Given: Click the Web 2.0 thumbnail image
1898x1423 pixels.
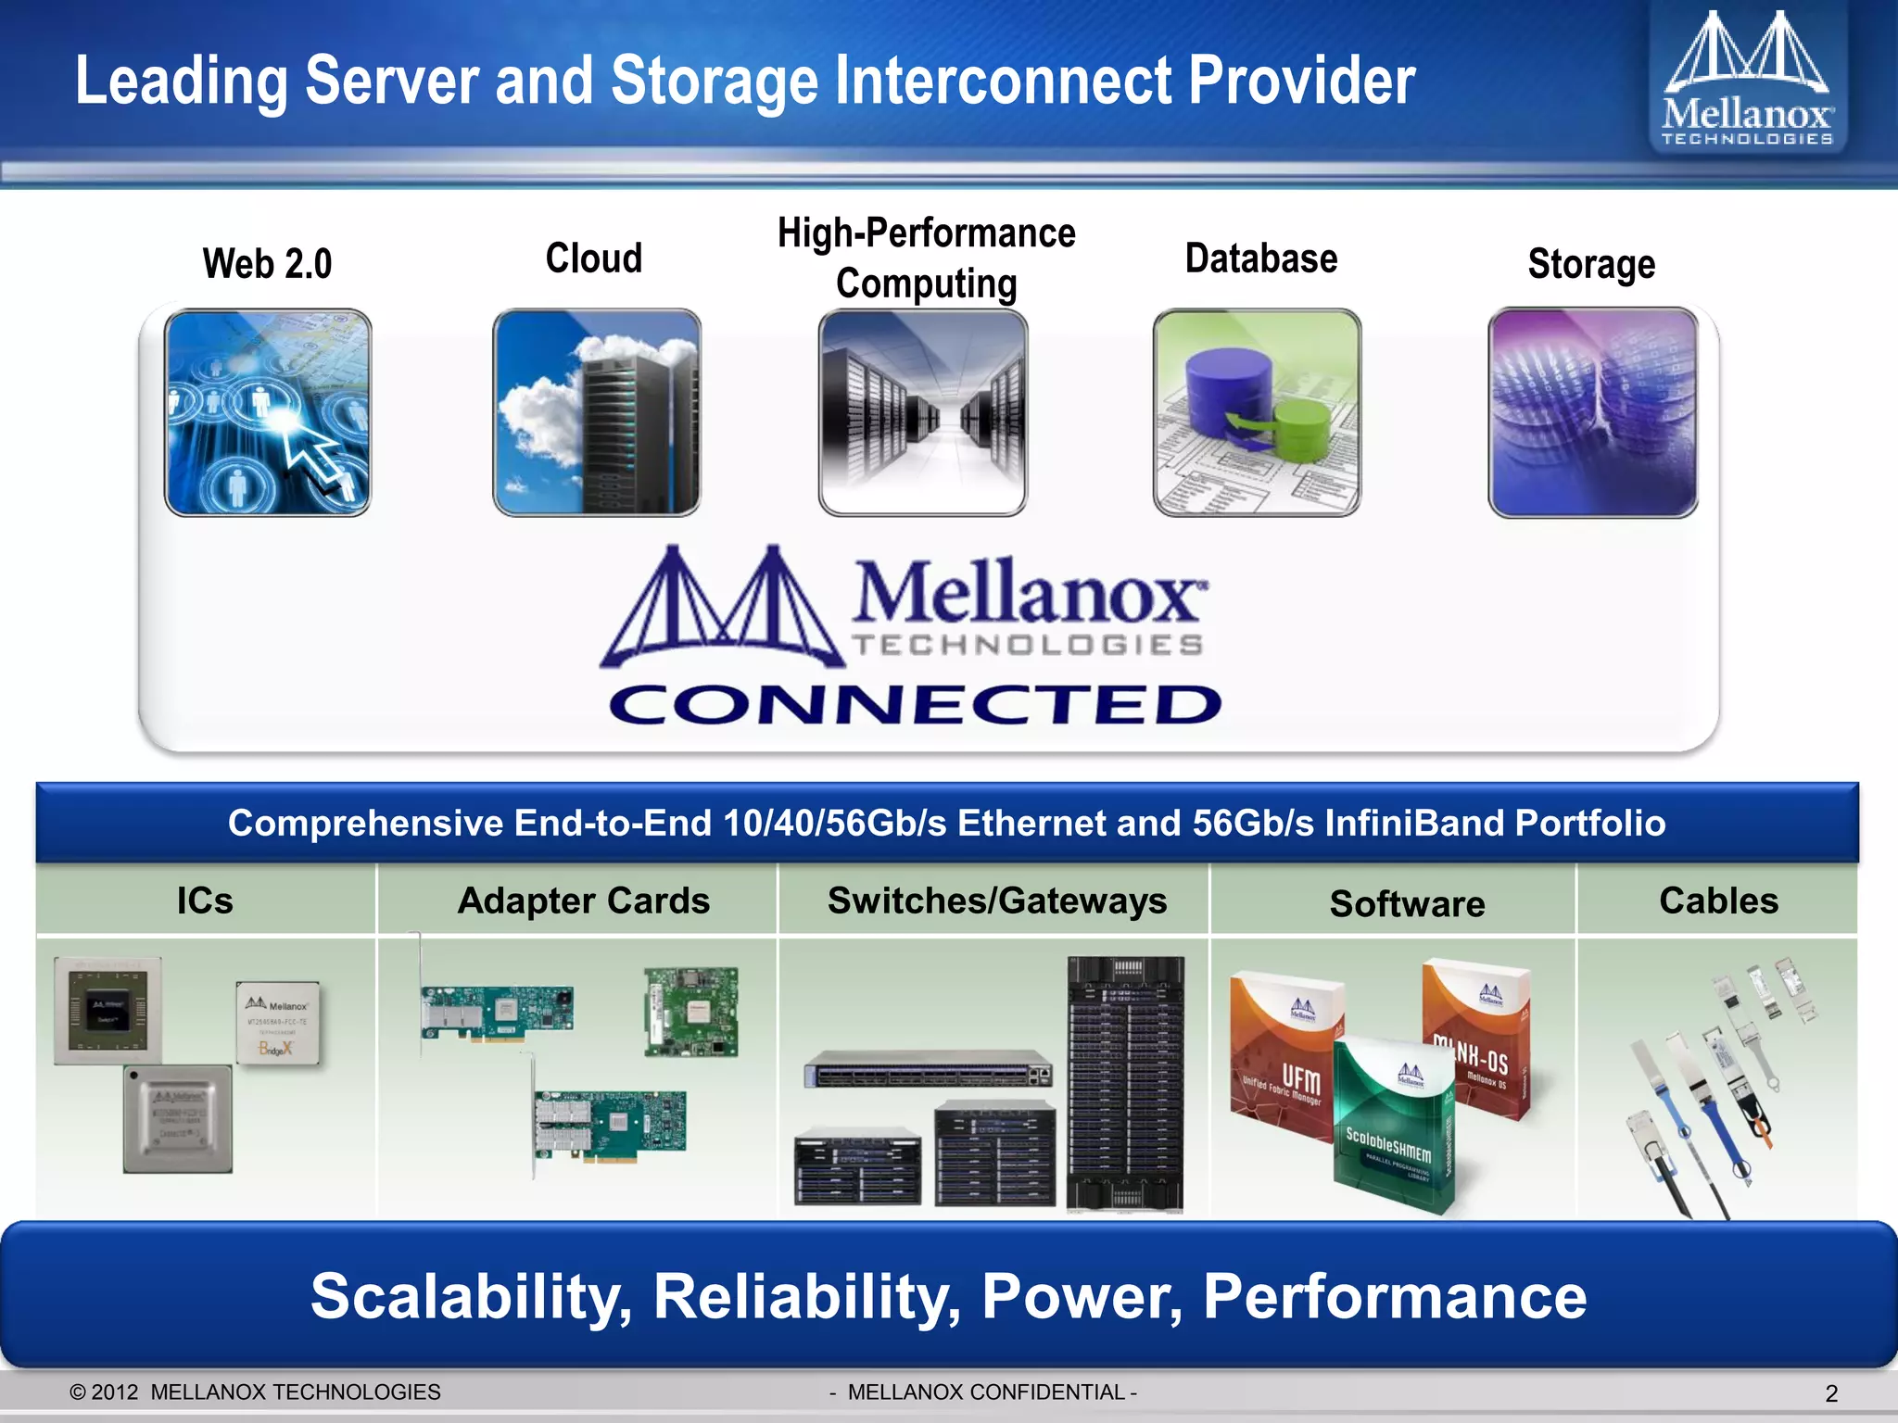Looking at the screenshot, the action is pos(268,413).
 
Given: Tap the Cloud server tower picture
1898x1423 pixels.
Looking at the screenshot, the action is pos(597,413).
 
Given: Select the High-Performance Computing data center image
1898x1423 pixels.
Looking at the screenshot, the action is pos(923,413).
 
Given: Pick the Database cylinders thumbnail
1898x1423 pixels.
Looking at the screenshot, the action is pos(1258,413).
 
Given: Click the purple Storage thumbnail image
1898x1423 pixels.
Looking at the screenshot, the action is pos(1593,413).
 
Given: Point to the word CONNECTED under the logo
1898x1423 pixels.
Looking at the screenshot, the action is pos(916,705).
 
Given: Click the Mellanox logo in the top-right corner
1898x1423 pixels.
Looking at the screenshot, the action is pos(1747,80).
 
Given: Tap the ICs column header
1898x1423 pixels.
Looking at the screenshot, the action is pos(205,900).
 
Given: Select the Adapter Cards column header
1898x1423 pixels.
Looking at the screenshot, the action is pos(584,900).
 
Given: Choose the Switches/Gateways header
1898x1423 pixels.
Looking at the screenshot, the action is pos(997,900).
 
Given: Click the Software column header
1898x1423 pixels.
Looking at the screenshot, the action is pos(1407,903).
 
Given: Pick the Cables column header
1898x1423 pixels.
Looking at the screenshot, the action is pos(1718,900).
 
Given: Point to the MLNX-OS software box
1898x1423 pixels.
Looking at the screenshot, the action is pos(1477,1038).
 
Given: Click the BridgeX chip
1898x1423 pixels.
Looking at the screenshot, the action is pos(278,1023).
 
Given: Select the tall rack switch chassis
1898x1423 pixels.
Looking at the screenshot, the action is pos(1126,1084).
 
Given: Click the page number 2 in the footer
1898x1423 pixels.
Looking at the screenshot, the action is pos(1830,1393).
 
